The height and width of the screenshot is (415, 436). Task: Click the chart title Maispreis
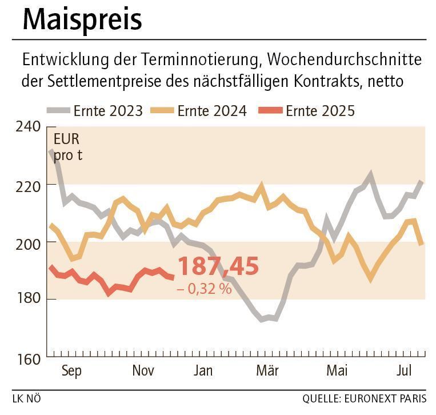(x=82, y=20)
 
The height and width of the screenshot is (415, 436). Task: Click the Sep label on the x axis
(x=71, y=371)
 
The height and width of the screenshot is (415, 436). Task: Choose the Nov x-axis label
(x=143, y=371)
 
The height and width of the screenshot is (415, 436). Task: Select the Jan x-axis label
(x=203, y=371)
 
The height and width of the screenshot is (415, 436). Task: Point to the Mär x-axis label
(x=267, y=371)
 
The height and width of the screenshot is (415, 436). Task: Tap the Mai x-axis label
(x=337, y=371)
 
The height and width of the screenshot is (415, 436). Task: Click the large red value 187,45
(x=218, y=267)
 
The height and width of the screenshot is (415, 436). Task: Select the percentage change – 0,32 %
(x=204, y=289)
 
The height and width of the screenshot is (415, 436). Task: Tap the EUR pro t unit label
(x=67, y=147)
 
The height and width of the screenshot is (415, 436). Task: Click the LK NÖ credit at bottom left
(x=26, y=398)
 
